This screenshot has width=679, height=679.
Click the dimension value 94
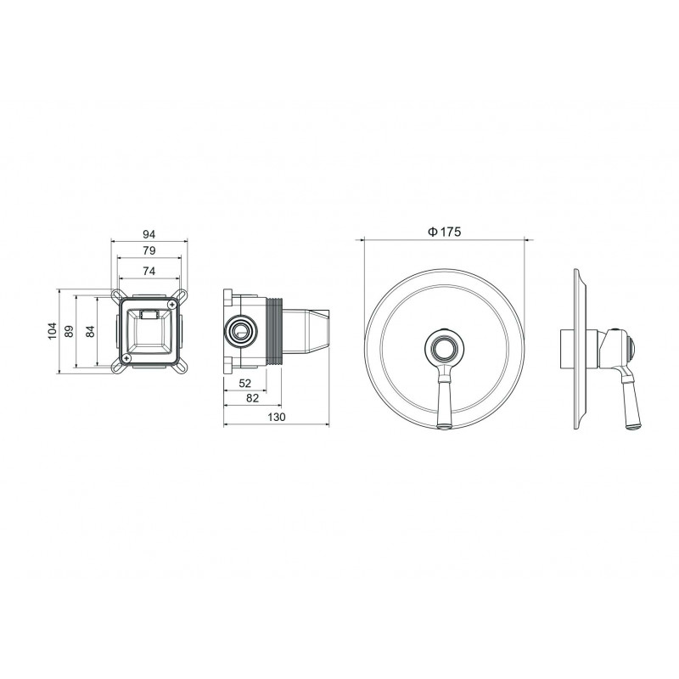[x=149, y=234]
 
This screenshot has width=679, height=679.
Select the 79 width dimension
[x=149, y=250]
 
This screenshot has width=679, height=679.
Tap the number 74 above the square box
[x=149, y=271]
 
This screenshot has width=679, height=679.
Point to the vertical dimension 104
[x=53, y=331]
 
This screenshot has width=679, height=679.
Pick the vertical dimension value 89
[x=69, y=331]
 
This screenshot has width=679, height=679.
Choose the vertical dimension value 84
[x=90, y=332]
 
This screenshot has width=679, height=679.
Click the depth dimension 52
[x=245, y=384]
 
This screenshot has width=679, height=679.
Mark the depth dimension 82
[x=252, y=398]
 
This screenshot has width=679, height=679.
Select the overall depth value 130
[x=277, y=417]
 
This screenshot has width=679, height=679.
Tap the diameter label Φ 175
[x=445, y=232]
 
